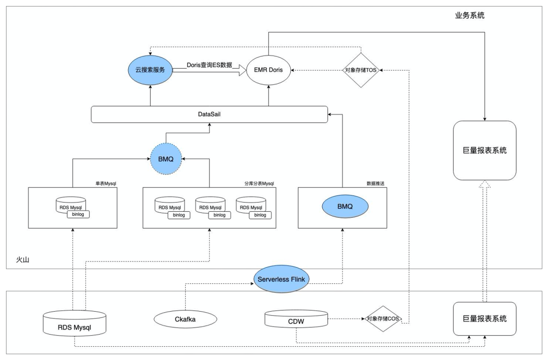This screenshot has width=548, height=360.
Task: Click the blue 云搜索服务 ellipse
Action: [150, 70]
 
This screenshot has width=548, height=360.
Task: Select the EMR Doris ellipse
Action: [268, 70]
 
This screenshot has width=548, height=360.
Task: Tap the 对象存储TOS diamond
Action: [361, 70]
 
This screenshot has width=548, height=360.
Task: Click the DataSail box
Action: [209, 114]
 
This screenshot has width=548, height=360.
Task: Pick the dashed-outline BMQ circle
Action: [166, 159]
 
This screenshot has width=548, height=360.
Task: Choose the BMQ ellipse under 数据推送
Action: [345, 207]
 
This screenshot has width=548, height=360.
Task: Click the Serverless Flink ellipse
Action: [282, 279]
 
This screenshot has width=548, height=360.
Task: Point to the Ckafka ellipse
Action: [185, 319]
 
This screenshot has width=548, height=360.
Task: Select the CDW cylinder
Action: [296, 320]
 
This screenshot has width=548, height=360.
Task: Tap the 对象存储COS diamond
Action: [383, 319]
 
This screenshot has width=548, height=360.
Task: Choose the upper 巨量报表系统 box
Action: [485, 150]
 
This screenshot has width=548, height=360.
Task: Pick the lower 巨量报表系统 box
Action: [485, 319]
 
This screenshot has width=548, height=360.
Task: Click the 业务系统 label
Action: [469, 15]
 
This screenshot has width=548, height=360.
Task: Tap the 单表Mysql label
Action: [106, 183]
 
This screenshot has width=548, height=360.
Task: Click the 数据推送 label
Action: [375, 183]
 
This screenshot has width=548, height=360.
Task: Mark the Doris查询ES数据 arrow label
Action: [209, 65]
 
